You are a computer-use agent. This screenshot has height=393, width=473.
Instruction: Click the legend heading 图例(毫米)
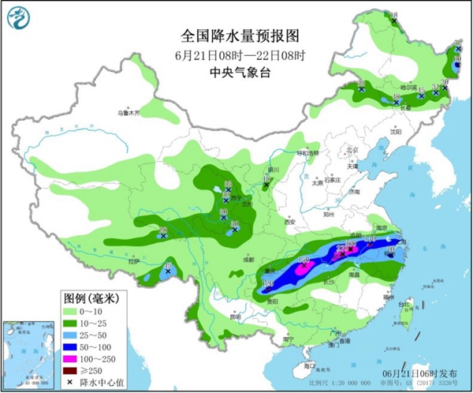90,298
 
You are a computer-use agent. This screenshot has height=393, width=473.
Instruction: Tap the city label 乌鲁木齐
128,113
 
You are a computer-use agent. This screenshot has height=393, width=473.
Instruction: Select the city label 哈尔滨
405,87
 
